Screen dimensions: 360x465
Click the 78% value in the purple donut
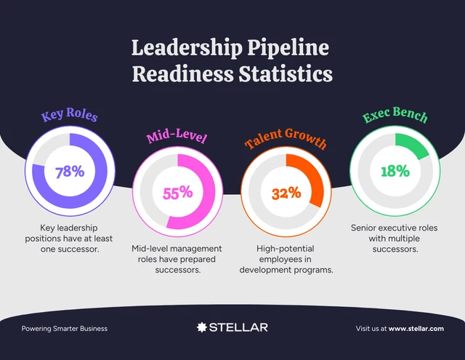[70, 172]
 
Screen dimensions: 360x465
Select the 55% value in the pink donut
[177, 193]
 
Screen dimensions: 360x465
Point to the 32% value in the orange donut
[286, 193]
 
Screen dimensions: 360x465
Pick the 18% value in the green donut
[395, 172]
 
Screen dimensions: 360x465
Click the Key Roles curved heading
[70, 116]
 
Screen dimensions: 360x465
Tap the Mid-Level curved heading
[177, 137]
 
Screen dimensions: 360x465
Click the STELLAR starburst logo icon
[202, 327]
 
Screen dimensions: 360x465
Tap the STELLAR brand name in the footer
[238, 327]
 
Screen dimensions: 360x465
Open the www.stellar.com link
[416, 329]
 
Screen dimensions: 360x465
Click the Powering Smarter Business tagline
[64, 329]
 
